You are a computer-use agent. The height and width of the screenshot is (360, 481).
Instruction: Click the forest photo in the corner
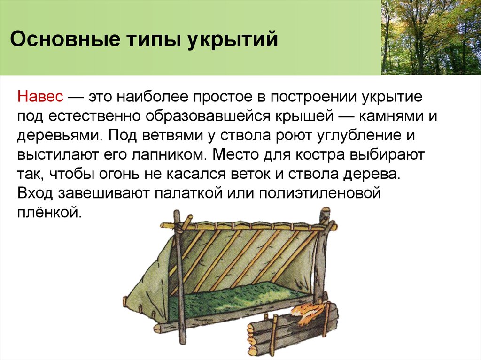(431, 37)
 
